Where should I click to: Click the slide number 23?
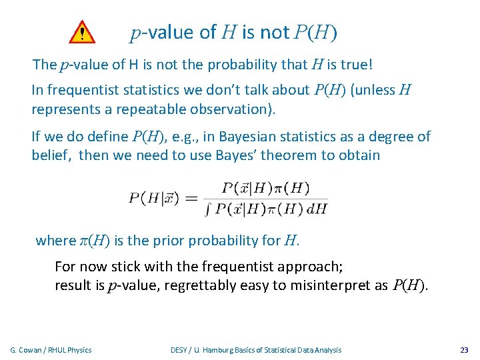464,349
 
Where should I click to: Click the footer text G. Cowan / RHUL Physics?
51,349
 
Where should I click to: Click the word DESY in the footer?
179,349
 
